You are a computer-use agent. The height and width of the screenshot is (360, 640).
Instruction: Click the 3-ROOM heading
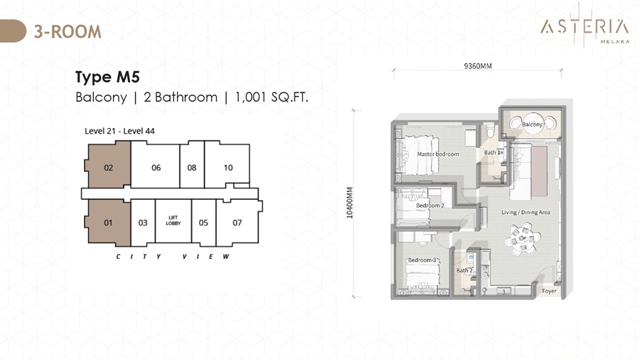tap(68, 31)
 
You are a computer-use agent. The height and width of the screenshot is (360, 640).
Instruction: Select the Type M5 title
tap(107, 77)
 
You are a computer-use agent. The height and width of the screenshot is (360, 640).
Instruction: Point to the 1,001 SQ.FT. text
tap(272, 97)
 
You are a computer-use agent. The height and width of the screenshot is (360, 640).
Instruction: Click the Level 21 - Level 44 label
tap(119, 131)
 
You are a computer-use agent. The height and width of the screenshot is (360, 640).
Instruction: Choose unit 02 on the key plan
tap(108, 167)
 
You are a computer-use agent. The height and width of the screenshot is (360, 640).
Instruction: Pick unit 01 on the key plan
tap(108, 223)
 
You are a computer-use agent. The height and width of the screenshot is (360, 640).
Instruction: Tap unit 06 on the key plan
tap(156, 167)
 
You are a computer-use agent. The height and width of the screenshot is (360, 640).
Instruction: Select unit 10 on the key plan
tap(228, 167)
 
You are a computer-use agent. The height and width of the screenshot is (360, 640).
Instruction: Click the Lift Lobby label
tap(173, 221)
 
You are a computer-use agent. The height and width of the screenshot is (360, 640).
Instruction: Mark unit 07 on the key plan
tap(237, 223)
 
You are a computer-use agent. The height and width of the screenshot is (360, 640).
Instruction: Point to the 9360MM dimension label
tap(478, 65)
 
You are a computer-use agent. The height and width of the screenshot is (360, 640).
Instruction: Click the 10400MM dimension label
tap(350, 203)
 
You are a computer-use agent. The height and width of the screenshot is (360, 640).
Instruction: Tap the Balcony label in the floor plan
tap(532, 124)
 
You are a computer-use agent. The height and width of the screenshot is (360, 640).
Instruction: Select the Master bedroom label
tap(438, 154)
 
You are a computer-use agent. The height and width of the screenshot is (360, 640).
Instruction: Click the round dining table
tap(523, 239)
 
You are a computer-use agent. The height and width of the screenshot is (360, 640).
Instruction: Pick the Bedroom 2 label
tap(430, 206)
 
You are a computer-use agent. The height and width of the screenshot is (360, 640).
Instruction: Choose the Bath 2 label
tap(464, 270)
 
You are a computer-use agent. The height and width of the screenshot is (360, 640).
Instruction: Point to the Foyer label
tap(549, 290)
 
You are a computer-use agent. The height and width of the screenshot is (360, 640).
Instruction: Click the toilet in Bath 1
tap(490, 131)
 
